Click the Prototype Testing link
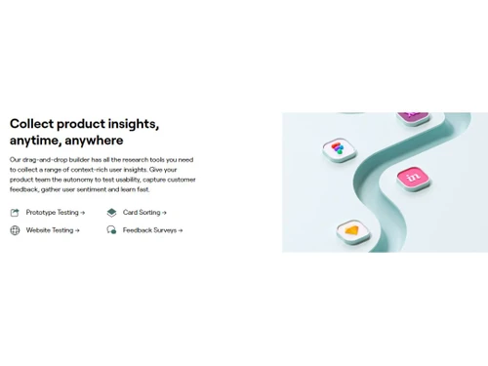point(55,213)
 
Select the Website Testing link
point(52,230)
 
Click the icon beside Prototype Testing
point(15,213)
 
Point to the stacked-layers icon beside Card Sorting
point(111,213)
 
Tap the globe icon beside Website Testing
point(15,230)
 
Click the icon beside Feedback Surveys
point(111,230)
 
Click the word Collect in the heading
point(31,124)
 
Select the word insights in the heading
point(133,124)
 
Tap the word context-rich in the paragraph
point(101,169)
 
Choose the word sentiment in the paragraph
point(108,189)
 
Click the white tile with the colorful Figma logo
point(339,148)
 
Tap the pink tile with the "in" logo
point(413,177)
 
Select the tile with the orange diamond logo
point(351,230)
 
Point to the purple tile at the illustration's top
point(414,116)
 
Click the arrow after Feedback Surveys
point(181,230)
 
